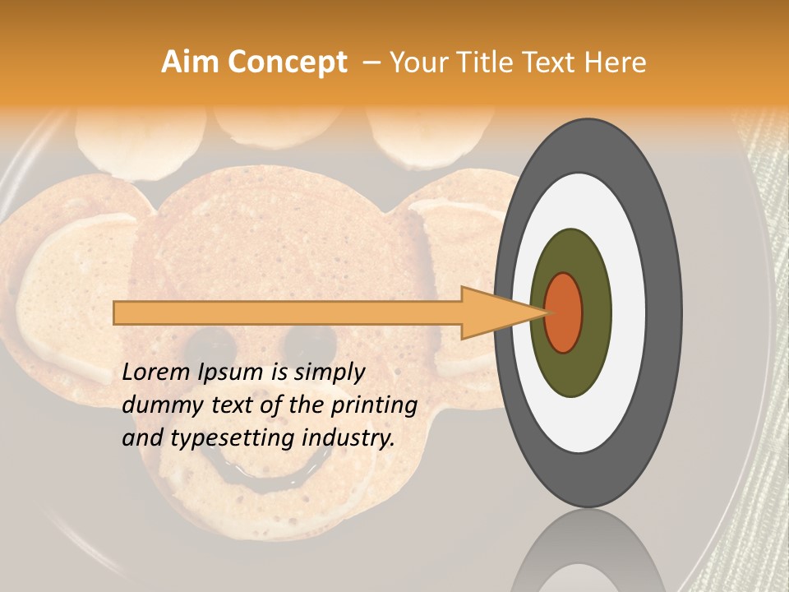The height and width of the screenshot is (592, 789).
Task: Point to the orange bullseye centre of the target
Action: pos(564,312)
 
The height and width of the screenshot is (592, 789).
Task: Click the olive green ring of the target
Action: pos(571,362)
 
